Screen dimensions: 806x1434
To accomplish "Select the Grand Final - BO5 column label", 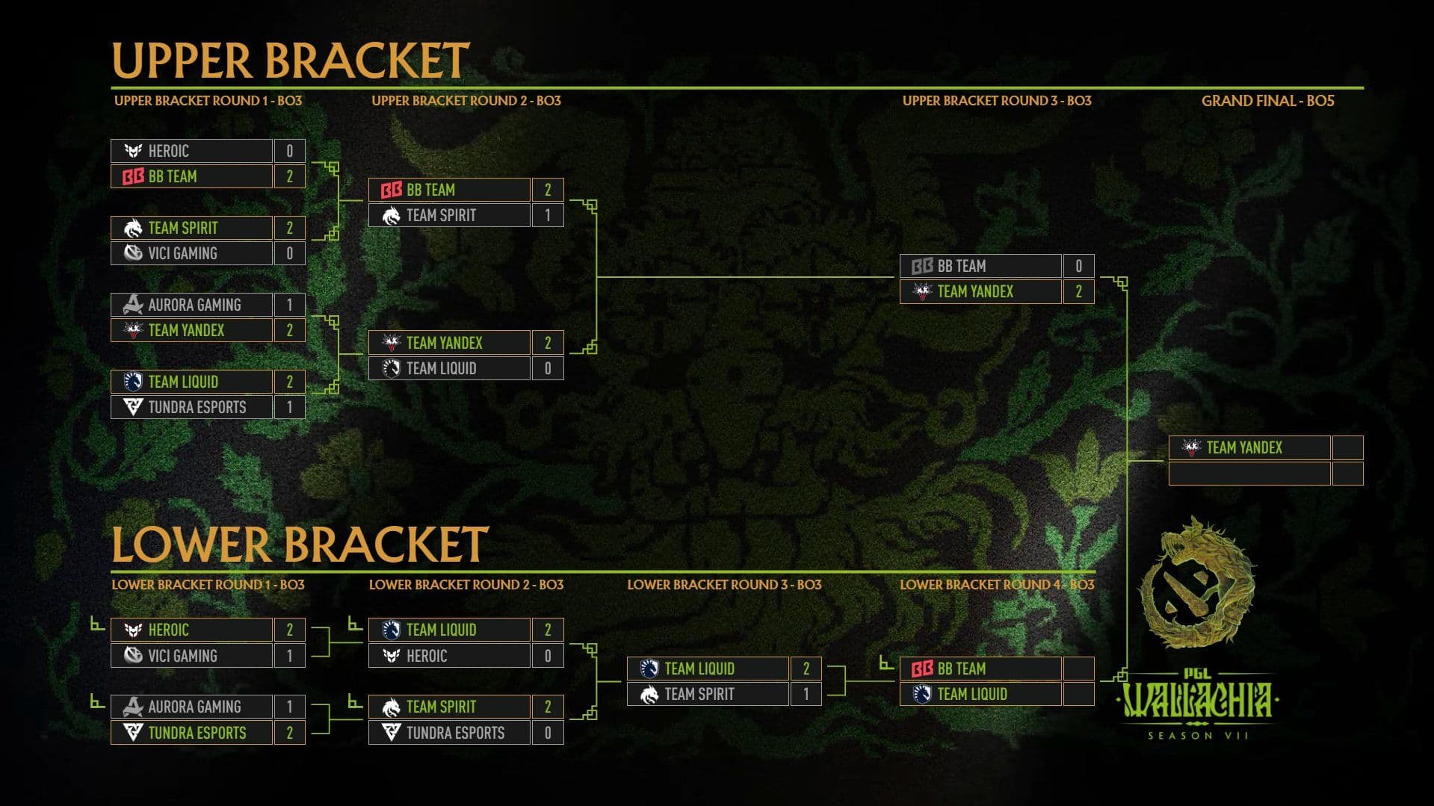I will (x=1267, y=101).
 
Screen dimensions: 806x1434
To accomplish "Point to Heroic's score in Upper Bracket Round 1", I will (x=289, y=151).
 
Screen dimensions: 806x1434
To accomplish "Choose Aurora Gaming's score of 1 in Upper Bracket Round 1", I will (x=289, y=305).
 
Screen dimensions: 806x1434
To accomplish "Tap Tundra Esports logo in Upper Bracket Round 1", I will (x=133, y=407).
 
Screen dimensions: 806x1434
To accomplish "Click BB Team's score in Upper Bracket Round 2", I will (x=548, y=190).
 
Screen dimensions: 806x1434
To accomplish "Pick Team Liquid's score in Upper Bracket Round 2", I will (x=548, y=368).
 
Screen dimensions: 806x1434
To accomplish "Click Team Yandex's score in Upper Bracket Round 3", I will (x=1078, y=291).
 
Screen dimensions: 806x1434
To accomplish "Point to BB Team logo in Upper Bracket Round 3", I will (x=922, y=266).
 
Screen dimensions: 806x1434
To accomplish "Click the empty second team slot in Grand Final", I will (x=1249, y=474).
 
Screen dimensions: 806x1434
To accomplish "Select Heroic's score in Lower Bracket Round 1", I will (x=289, y=630).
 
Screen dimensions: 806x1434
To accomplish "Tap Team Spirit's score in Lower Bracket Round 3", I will (x=806, y=694).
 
